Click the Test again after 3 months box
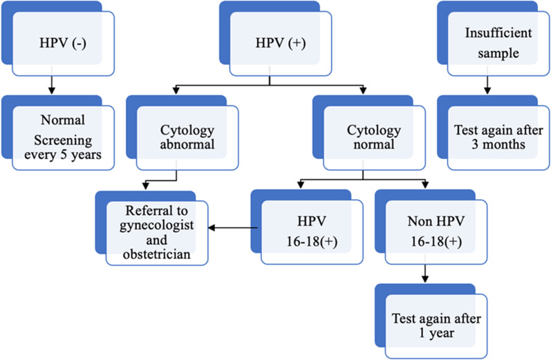point(493,136)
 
